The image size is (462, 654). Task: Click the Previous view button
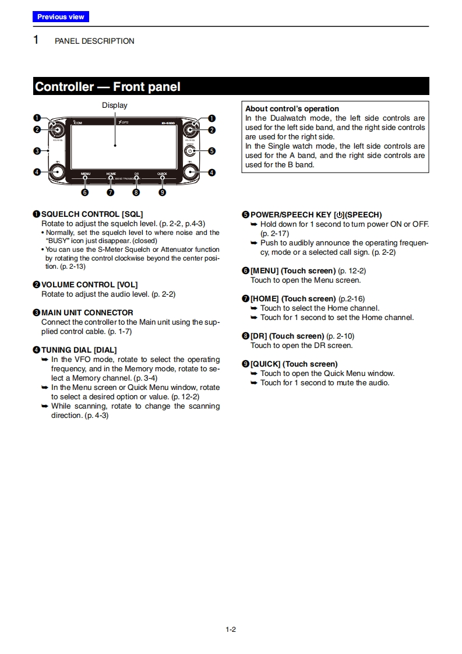pyautogui.click(x=61, y=17)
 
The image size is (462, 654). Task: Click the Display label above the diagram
pyautogui.click(x=114, y=106)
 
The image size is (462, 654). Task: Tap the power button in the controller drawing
pyautogui.click(x=189, y=150)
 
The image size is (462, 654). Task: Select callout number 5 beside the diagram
pyautogui.click(x=212, y=150)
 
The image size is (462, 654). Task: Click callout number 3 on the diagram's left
pyautogui.click(x=37, y=151)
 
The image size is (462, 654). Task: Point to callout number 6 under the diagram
pyautogui.click(x=85, y=192)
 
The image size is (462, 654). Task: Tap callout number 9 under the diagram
pyautogui.click(x=162, y=192)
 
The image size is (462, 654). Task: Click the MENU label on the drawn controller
pyautogui.click(x=85, y=174)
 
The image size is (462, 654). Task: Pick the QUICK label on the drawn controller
pyautogui.click(x=162, y=174)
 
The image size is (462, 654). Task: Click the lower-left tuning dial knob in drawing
pyautogui.click(x=57, y=172)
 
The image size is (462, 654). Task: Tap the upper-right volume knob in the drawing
pyautogui.click(x=190, y=129)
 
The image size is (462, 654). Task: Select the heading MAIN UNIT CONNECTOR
pyautogui.click(x=87, y=312)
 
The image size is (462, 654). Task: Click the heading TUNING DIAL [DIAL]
pyautogui.click(x=79, y=350)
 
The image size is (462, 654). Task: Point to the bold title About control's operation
pyautogui.click(x=292, y=108)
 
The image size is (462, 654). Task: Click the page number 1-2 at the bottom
pyautogui.click(x=231, y=629)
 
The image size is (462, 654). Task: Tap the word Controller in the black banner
pyautogui.click(x=64, y=87)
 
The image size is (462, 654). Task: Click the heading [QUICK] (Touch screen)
pyautogui.click(x=294, y=364)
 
